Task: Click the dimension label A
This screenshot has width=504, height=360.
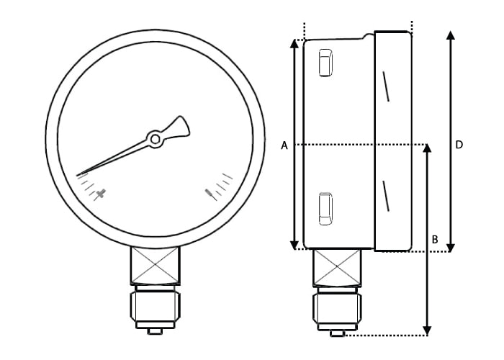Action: [284, 145]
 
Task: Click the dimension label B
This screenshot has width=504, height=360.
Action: [435, 238]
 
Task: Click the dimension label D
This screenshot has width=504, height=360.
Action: [459, 145]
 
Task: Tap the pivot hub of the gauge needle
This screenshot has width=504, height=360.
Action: [155, 138]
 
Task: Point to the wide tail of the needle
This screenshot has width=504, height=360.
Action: [180, 127]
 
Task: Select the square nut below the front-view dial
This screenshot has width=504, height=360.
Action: [155, 265]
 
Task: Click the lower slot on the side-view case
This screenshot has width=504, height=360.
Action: [325, 209]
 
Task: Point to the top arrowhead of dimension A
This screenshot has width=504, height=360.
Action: [294, 43]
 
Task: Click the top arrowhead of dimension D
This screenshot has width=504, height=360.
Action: [451, 36]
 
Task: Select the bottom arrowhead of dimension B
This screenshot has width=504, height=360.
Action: [428, 330]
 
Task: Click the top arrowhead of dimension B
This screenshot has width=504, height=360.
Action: [428, 149]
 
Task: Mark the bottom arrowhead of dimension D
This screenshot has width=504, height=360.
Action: [451, 247]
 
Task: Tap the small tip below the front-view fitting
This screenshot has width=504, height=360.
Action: [155, 331]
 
